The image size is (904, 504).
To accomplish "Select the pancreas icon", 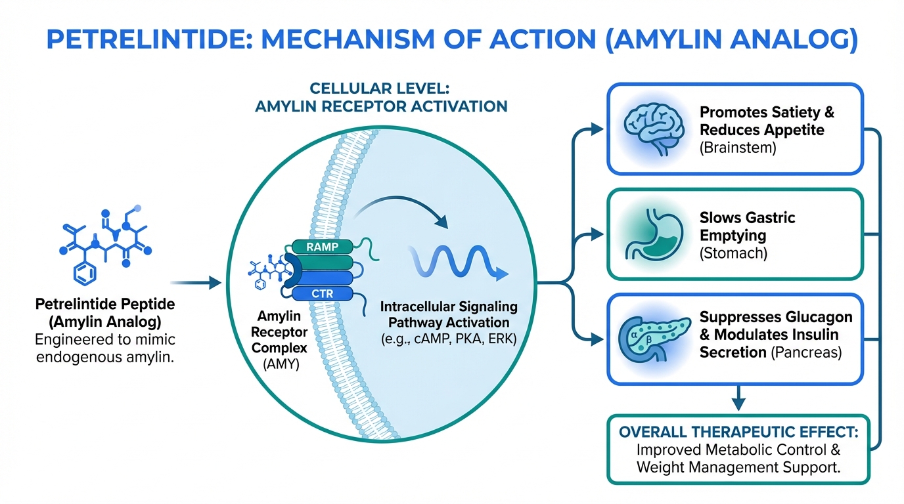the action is [x=654, y=339].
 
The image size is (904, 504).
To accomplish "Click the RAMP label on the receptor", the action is [x=322, y=247].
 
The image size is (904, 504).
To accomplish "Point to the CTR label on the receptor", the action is [x=322, y=293].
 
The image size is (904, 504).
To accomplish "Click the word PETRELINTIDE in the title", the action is [x=150, y=39].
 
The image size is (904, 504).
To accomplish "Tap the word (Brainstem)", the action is [x=738, y=148].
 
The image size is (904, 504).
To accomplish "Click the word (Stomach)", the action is [x=733, y=253].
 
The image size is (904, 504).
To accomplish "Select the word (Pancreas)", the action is [x=806, y=352].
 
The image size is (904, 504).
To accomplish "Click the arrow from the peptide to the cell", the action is [x=196, y=283].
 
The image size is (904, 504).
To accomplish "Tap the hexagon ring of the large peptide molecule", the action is [x=85, y=274].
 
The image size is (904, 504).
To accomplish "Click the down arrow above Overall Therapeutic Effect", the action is [x=738, y=398].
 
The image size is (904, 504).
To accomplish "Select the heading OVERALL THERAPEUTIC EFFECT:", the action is [x=738, y=432].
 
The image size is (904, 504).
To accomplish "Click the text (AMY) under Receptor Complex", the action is [x=281, y=364].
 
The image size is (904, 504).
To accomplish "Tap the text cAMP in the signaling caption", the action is [x=432, y=339].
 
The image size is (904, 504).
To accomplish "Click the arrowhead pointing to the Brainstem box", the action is [x=597, y=129].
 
